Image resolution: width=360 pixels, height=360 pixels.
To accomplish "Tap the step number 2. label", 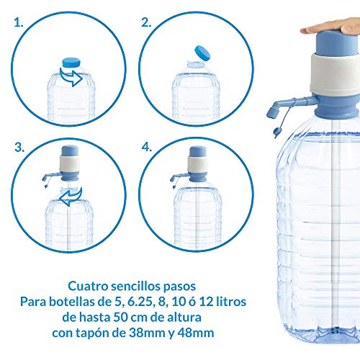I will pyautogui.click(x=146, y=22).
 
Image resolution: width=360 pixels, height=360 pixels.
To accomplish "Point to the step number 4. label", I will pyautogui.click(x=147, y=147).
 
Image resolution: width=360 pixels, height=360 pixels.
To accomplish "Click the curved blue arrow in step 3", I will pyautogui.click(x=68, y=197).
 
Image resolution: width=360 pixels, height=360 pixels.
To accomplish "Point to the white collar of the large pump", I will pyautogui.click(x=335, y=75).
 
